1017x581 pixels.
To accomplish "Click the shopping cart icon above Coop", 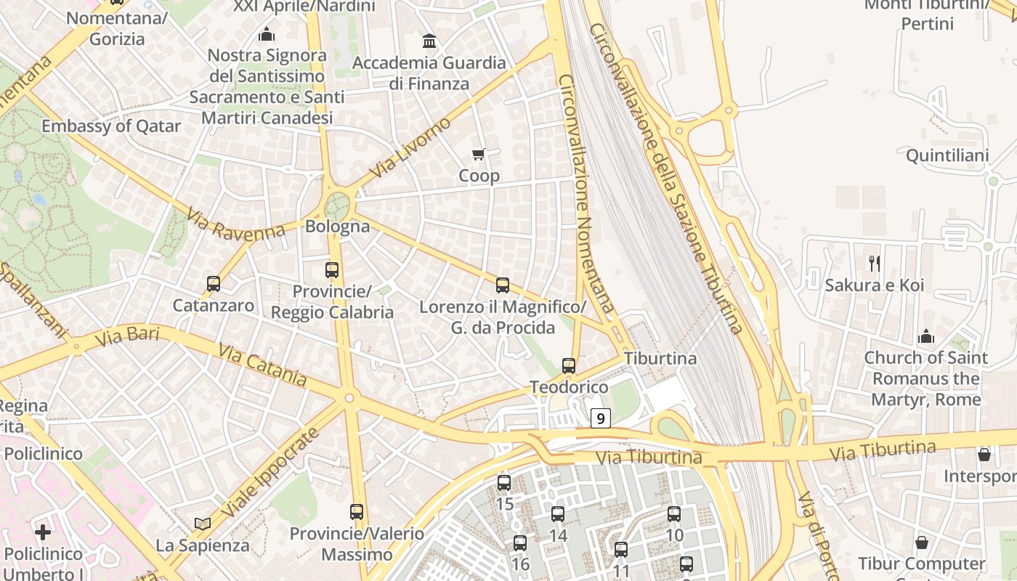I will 478,154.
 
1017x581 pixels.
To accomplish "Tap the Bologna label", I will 337,226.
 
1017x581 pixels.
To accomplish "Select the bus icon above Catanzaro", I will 213,284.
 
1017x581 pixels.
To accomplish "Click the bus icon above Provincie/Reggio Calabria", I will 332,270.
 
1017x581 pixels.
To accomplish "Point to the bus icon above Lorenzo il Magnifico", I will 502,285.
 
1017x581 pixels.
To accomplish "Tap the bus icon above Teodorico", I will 569,366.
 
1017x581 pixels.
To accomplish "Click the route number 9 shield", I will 600,418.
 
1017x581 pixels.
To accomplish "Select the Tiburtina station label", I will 660,358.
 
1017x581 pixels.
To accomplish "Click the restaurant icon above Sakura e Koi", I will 874,263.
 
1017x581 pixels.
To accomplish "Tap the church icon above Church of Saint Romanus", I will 925,336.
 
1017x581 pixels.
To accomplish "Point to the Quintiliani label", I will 947,155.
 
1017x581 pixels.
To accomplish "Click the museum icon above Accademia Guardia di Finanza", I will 429,41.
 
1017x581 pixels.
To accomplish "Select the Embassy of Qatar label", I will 111,126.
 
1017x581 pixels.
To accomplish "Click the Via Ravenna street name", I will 235,224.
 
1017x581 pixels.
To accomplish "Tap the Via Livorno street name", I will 410,147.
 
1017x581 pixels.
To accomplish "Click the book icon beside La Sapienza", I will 203,523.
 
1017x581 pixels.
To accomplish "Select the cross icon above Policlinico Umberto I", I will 43,532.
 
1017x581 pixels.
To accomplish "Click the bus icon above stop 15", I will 504,482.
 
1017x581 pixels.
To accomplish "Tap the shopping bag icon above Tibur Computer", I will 921,543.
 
